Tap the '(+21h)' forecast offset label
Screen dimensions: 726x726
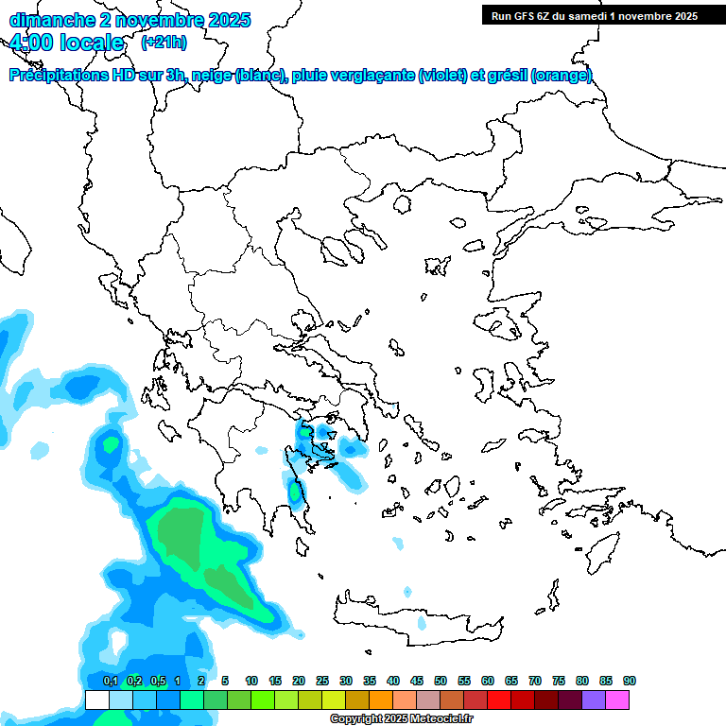click(x=164, y=43)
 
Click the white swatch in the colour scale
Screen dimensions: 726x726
click(x=97, y=700)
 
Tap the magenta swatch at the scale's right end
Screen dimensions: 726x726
click(x=617, y=700)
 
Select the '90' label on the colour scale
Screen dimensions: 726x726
click(x=629, y=681)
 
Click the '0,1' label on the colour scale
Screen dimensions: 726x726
click(x=110, y=681)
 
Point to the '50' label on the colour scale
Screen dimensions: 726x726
click(x=440, y=681)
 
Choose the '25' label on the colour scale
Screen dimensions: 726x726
click(x=322, y=681)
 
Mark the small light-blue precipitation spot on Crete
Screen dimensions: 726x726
click(x=423, y=623)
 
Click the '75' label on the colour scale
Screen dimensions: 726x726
click(x=558, y=681)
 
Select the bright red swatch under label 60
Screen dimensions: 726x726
click(x=499, y=700)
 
